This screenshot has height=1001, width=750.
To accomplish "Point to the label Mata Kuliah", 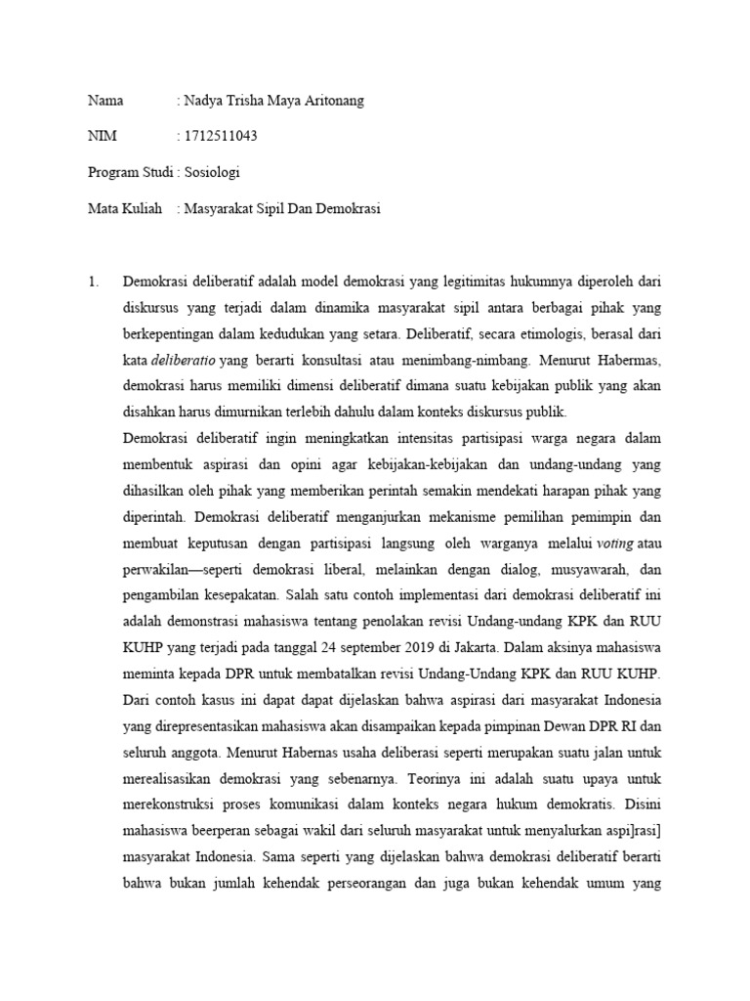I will [124, 208].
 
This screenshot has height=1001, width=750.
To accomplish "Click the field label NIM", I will [102, 136].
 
